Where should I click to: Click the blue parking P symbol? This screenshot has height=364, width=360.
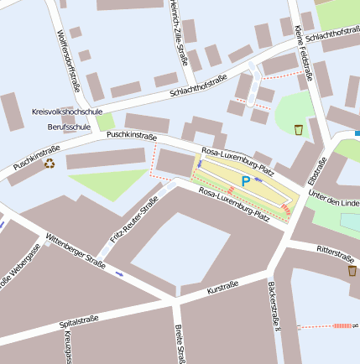tap(246, 181)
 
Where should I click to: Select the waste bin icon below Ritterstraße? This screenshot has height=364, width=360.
tap(352, 271)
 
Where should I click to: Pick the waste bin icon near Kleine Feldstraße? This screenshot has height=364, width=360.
tap(299, 129)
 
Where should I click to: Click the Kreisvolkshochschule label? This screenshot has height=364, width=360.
tap(66, 111)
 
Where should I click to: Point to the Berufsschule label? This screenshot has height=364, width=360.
tap(69, 127)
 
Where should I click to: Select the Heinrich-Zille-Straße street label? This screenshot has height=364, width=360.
tap(177, 33)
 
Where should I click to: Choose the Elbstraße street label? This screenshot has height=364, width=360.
tap(316, 169)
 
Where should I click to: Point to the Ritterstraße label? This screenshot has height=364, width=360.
tap(335, 251)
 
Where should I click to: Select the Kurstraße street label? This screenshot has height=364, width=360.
tap(222, 289)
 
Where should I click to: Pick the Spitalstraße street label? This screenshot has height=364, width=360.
tap(80, 320)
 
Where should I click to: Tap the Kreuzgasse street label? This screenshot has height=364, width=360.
tap(67, 346)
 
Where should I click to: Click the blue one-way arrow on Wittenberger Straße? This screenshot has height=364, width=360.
tap(119, 274)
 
